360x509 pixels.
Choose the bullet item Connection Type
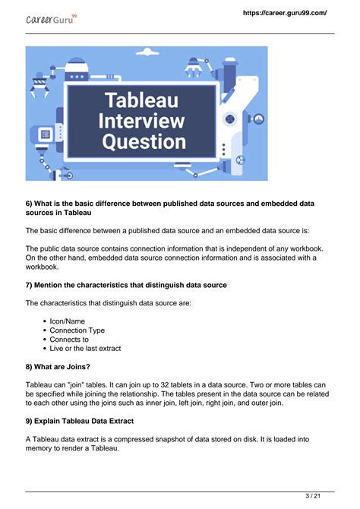click(77, 330)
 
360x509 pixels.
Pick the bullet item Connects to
click(69, 340)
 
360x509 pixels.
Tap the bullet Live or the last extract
click(85, 349)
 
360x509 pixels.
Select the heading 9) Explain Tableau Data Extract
click(90, 422)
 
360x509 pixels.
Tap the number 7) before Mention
click(30, 285)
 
